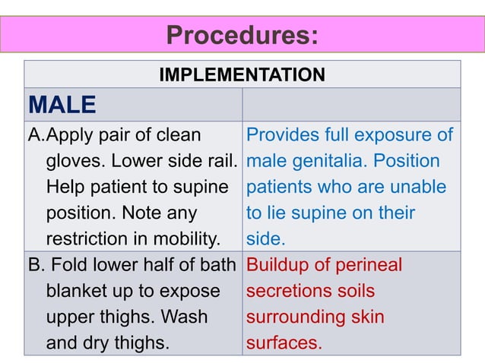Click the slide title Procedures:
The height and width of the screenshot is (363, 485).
pyautogui.click(x=242, y=35)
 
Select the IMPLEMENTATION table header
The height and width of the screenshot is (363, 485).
pyautogui.click(x=242, y=75)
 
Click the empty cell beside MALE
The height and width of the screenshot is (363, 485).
pyautogui.click(x=350, y=104)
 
